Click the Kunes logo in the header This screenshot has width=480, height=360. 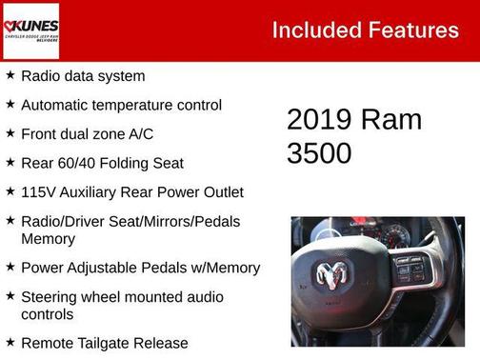point(31,30)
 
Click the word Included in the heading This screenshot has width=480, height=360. point(311,30)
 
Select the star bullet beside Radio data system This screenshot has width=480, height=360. point(10,74)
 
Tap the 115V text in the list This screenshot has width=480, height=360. point(40,192)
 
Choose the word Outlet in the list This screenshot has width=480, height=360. point(220,192)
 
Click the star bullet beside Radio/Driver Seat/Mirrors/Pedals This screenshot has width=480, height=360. point(10,220)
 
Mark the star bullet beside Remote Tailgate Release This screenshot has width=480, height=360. point(10,341)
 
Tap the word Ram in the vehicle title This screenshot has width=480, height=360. point(391,120)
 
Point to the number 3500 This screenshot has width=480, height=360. point(320,152)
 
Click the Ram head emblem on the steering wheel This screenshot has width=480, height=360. point(331,276)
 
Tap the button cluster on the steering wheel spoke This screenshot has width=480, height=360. point(410,269)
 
